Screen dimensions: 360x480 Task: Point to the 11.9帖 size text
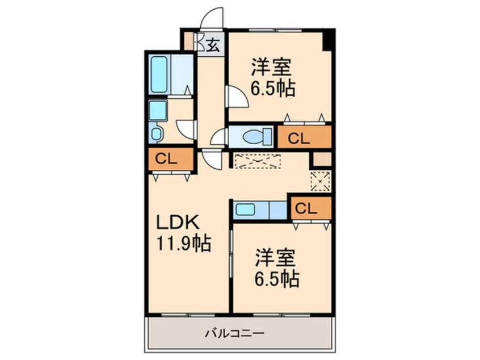[x=183, y=244]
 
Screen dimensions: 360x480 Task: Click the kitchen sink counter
[x=259, y=209]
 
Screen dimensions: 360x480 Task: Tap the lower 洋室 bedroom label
[x=275, y=258]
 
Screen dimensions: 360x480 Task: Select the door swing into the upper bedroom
[x=237, y=97]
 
